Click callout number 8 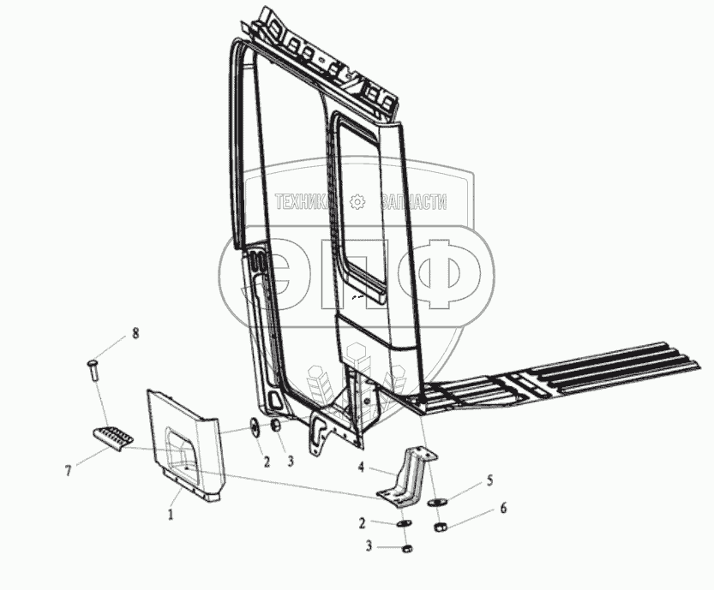[135, 331]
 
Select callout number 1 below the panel [171, 515]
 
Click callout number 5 [489, 480]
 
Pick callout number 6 [503, 509]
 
